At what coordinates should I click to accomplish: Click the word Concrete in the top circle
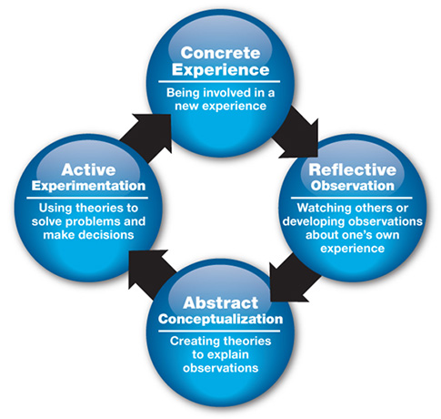tap(220, 53)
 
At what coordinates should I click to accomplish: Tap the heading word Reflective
tap(352, 169)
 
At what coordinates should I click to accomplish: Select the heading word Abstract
tap(220, 302)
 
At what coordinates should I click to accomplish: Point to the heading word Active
tap(88, 169)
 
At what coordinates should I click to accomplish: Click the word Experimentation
tap(88, 186)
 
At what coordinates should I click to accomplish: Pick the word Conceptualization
tap(220, 319)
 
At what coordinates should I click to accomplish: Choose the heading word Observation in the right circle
tap(352, 186)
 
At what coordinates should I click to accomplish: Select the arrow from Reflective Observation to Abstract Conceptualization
tap(295, 278)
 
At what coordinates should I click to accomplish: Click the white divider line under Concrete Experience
tap(219, 81)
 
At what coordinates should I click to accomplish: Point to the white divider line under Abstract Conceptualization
tap(219, 331)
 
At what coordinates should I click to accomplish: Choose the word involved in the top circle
tap(226, 93)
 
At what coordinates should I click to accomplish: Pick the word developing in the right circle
tap(314, 221)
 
